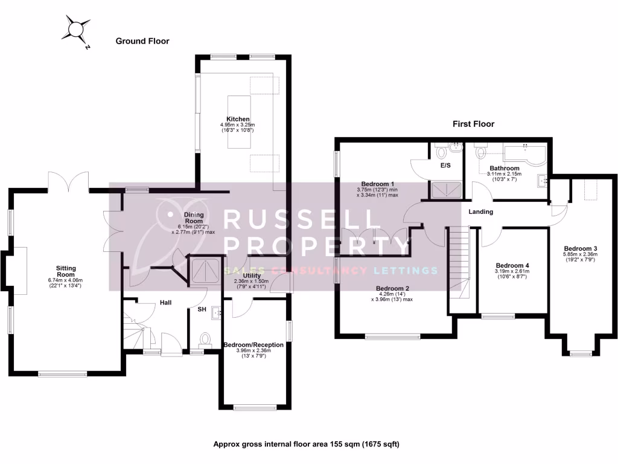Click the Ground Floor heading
[142, 41]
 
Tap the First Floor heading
[474, 124]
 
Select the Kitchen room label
[238, 119]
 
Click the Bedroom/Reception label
[253, 345]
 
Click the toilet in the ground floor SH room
[205, 339]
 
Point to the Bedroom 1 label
[377, 184]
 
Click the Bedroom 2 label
[393, 288]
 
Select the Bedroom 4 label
[512, 265]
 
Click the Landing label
[481, 212]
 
